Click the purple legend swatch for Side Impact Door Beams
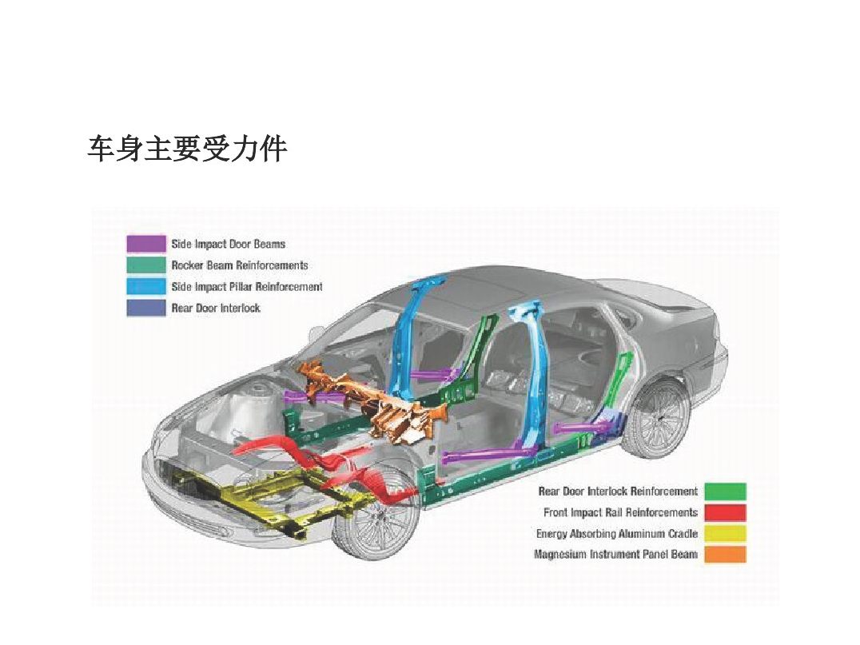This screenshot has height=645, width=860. coord(146,244)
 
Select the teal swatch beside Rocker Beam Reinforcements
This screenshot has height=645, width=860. coord(146,265)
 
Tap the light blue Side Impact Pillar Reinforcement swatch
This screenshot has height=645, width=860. coord(146,286)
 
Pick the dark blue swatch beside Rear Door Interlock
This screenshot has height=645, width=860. coord(146,308)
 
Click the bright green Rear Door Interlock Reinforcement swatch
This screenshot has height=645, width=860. coord(725,492)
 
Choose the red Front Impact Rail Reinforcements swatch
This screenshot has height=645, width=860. coord(725,512)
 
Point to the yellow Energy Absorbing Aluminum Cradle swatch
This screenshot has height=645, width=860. coord(725,533)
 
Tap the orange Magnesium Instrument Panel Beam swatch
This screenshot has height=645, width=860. coord(725,555)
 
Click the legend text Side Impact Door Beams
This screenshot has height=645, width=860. coord(228,244)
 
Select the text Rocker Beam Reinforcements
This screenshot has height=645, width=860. coord(240,265)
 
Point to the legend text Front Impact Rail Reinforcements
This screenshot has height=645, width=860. coord(620,512)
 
